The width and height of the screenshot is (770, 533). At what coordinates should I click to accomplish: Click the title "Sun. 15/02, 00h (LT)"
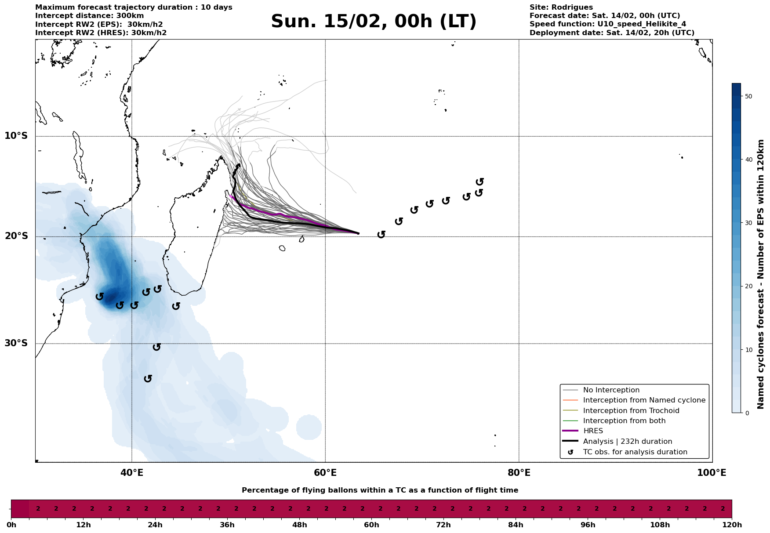374,22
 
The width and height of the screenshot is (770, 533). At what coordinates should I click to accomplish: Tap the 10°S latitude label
16,136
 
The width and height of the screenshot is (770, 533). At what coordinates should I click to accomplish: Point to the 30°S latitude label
16,343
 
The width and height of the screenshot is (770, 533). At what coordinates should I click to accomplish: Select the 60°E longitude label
325,473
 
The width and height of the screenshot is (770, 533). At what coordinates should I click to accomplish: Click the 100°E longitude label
712,473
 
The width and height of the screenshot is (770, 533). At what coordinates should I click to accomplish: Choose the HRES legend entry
593,431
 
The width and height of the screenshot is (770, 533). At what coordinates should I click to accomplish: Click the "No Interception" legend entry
611,390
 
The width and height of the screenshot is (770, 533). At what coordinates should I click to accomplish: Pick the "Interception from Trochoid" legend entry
631,411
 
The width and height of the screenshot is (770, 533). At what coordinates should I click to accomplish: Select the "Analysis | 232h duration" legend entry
627,442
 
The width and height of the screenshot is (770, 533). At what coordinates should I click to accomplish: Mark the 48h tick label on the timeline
299,525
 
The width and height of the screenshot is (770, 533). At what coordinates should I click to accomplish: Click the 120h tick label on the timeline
732,525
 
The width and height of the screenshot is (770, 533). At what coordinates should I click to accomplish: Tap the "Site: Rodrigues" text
561,7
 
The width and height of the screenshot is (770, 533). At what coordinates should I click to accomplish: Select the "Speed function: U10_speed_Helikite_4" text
607,24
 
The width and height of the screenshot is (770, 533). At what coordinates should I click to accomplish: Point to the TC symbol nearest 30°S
156,347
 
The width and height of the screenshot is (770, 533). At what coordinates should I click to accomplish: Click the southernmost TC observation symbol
148,378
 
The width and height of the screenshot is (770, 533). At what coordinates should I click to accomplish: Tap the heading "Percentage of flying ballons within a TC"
380,490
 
